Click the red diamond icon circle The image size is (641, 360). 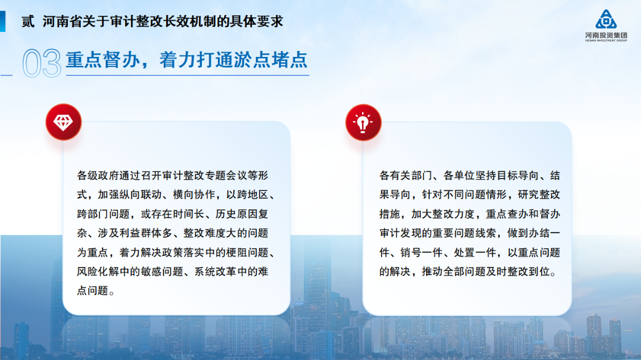[64, 122]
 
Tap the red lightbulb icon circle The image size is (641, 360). [363, 122]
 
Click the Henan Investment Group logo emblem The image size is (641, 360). [605, 19]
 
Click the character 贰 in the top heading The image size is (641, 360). [28, 22]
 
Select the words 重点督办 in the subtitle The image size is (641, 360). [94, 60]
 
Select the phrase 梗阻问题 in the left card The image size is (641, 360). [248, 253]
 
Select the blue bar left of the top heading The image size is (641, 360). [3, 22]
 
